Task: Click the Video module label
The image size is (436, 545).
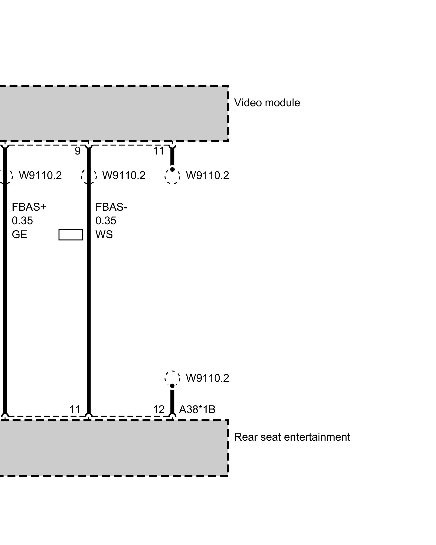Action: pos(267,103)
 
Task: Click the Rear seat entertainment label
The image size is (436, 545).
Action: pos(292,437)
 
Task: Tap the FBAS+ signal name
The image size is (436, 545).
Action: pos(29,207)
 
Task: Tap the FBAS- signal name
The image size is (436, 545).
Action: pos(111,207)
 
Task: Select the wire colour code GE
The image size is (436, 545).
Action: pos(19,235)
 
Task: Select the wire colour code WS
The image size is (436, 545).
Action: pos(104,235)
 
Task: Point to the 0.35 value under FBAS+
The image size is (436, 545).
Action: pos(22,221)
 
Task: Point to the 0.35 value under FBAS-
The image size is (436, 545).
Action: pos(106,221)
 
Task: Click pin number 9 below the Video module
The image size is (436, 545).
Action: pos(78,151)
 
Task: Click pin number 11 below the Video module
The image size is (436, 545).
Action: pos(159,151)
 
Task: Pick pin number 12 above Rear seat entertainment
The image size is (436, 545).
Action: pos(159,409)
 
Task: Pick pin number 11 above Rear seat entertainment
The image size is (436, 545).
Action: pos(75,409)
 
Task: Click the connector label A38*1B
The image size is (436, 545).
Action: pos(197,409)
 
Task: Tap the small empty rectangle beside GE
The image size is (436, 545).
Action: pos(71,235)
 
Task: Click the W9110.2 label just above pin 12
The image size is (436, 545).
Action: pos(207,378)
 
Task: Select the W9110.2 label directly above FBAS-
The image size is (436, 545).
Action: pos(124,175)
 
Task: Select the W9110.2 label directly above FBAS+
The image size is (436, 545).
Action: pos(40,175)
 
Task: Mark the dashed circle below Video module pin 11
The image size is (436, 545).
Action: pos(172,176)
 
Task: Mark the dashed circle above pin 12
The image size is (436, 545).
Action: pos(172,378)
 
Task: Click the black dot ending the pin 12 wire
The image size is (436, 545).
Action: pos(172,386)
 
